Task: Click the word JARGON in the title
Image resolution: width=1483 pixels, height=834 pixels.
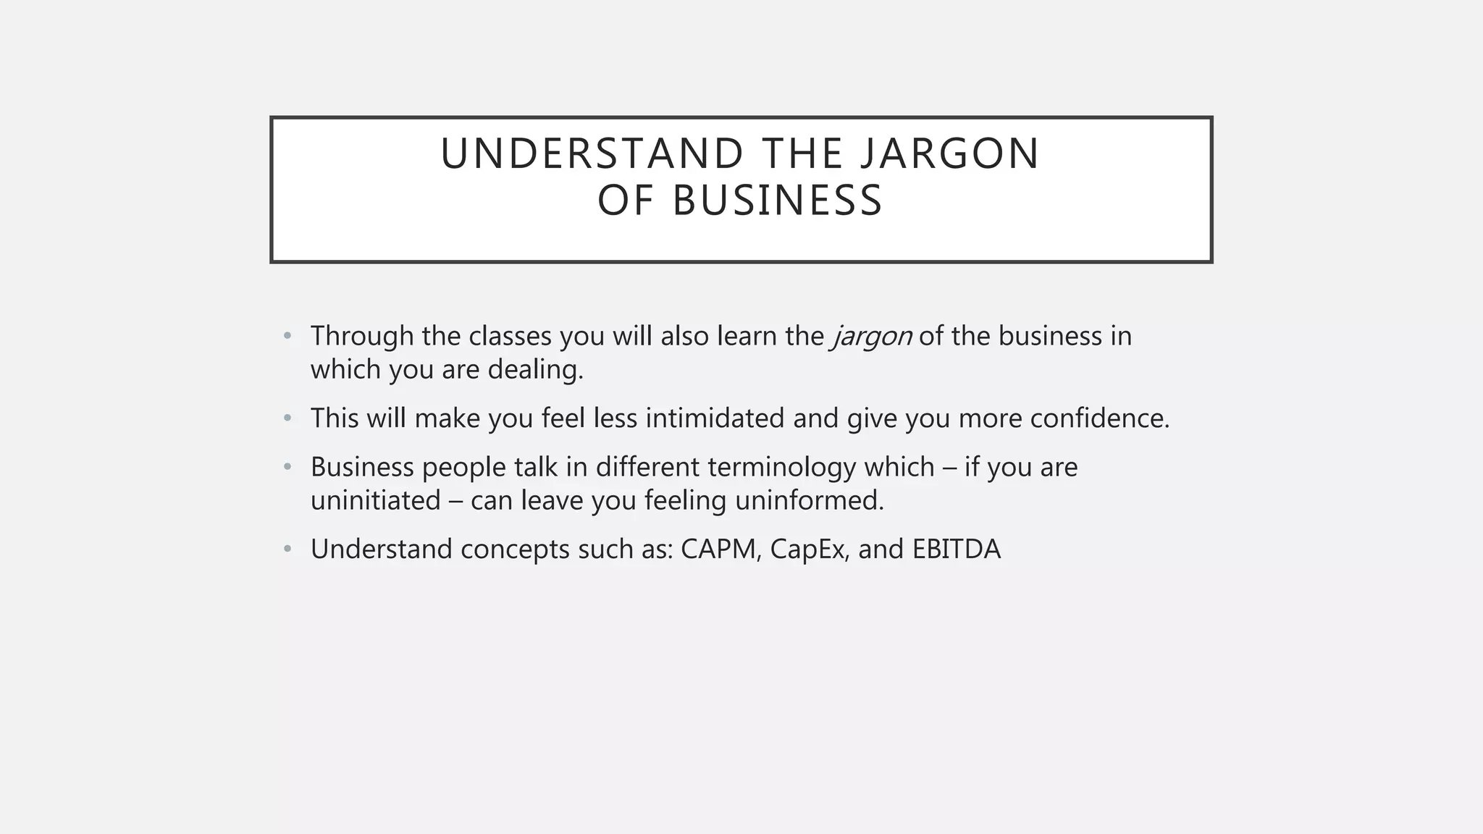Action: point(949,153)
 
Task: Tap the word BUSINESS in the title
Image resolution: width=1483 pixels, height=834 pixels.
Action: point(778,201)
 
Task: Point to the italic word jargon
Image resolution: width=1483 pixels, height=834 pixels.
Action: point(872,337)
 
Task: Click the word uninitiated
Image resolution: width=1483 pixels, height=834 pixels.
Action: point(375,500)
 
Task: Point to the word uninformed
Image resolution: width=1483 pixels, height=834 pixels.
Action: point(809,500)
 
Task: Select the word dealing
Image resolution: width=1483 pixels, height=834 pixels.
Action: point(535,370)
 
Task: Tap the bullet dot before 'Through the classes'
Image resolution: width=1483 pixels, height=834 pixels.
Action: point(287,336)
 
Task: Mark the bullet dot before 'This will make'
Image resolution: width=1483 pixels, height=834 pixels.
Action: point(287,418)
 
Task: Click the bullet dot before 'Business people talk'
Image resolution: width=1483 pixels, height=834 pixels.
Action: point(287,467)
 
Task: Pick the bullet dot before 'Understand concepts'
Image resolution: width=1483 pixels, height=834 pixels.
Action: point(287,549)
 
